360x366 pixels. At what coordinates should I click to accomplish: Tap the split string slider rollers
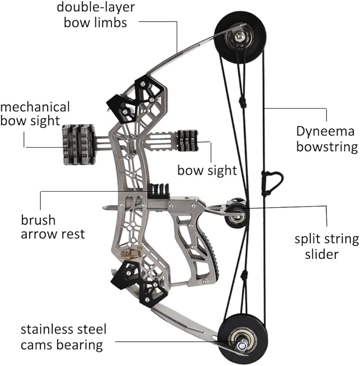[236, 212]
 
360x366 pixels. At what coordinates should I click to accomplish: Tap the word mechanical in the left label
[35, 106]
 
